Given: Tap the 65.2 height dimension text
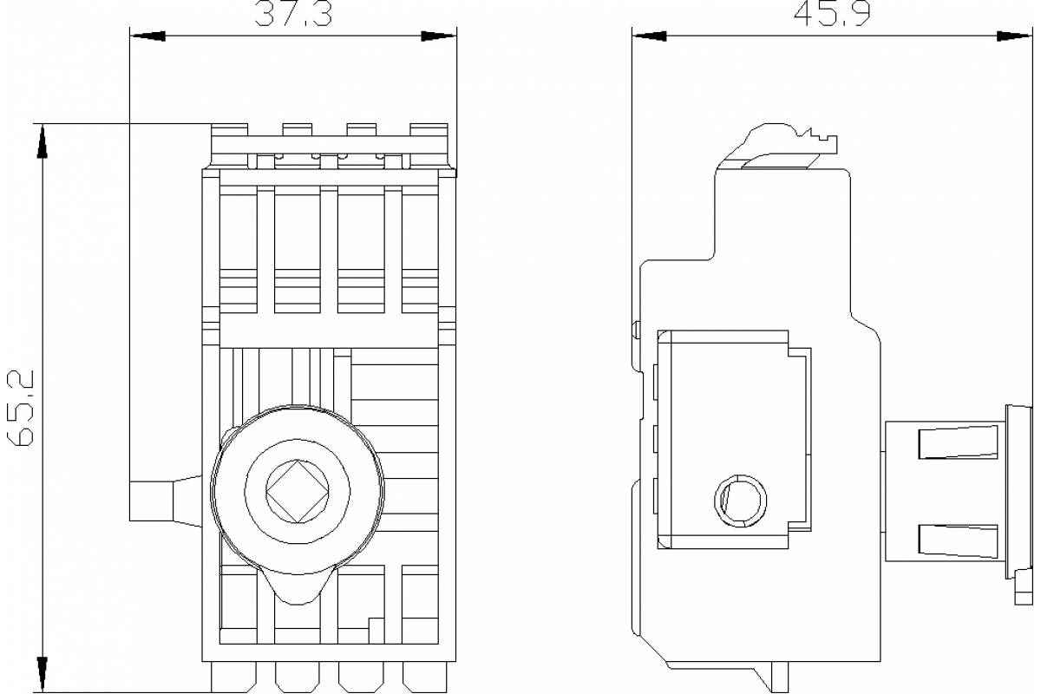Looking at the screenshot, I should [19, 407].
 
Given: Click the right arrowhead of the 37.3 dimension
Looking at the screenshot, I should [439, 36].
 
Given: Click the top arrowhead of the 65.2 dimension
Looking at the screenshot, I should [40, 141].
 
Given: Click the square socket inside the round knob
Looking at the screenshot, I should [298, 492].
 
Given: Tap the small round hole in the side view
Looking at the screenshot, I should [741, 500].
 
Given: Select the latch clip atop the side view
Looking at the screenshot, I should [785, 143].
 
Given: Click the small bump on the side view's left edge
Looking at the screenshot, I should [636, 330].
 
